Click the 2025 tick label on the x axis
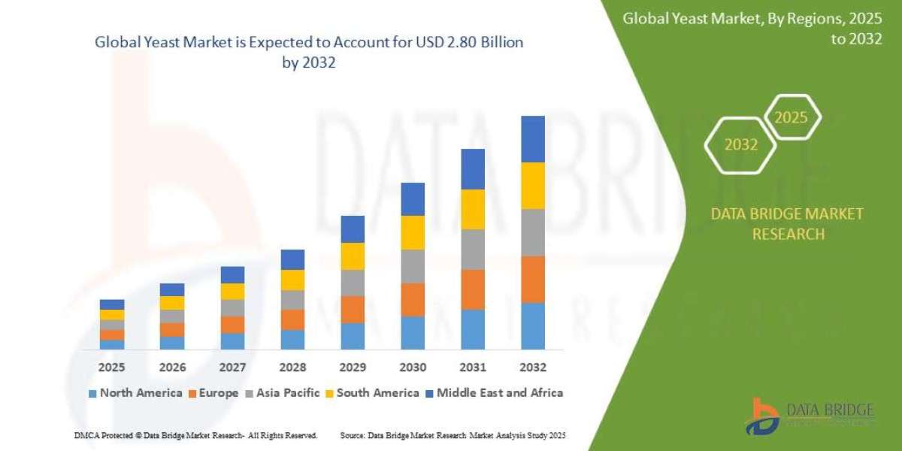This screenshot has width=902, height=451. [x=111, y=368]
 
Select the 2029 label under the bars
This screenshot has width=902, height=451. [x=353, y=368]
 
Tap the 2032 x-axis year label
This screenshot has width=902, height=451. [x=532, y=368]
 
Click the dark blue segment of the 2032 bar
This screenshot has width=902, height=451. [x=532, y=139]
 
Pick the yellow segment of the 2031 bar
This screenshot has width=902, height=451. [x=473, y=209]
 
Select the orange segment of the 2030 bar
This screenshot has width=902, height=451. [x=413, y=299]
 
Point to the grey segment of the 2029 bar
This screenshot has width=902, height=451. [x=353, y=283]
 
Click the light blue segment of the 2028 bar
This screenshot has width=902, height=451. [x=292, y=340]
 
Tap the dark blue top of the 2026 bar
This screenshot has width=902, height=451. [x=172, y=289]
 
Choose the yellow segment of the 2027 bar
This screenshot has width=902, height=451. [x=232, y=292]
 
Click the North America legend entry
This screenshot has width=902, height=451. [x=135, y=392]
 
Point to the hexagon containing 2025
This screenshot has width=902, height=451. [x=791, y=118]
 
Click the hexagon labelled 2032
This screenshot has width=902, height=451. [x=741, y=145]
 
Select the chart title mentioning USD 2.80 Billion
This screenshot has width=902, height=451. [x=309, y=53]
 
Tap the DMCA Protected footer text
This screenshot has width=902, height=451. [x=196, y=435]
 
